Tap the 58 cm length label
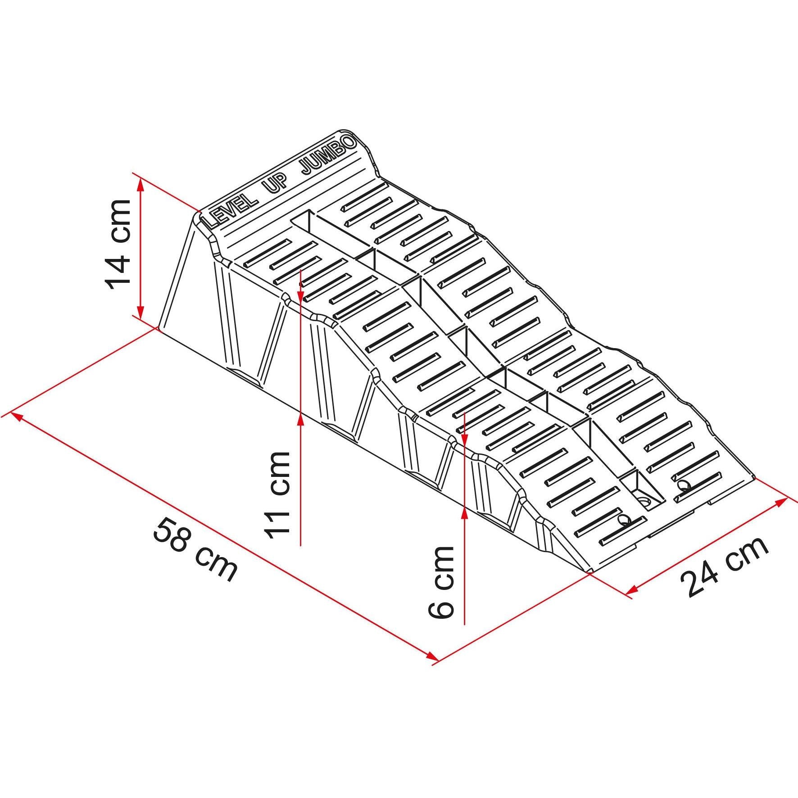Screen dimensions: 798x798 click(x=195, y=549)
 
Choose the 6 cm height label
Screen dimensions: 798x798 click(x=440, y=582)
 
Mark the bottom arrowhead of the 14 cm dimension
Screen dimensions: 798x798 click(x=141, y=310)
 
